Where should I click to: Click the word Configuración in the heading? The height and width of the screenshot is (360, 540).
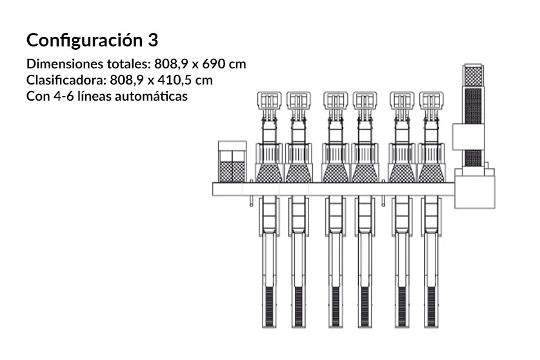(85, 41)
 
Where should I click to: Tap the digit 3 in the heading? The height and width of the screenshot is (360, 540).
(154, 40)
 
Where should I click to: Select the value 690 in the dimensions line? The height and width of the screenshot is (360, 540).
(214, 64)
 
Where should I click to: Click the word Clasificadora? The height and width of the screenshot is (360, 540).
(65, 80)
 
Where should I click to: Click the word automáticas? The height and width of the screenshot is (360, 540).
(151, 95)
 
